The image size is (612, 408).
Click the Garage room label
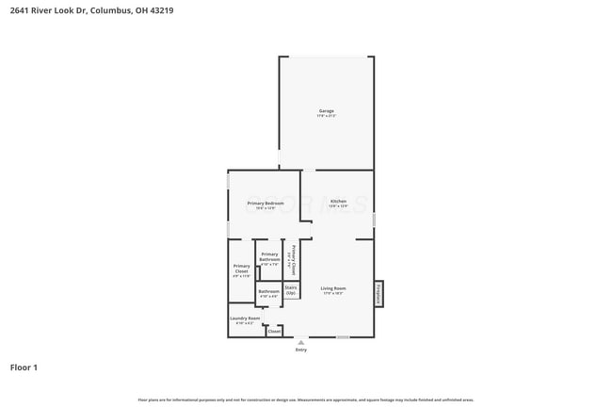pos(326,110)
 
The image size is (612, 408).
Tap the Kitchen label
pos(338,201)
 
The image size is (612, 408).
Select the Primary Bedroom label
pos(266,204)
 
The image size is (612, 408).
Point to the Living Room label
pos(332,288)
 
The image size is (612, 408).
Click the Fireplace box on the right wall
pos(379,293)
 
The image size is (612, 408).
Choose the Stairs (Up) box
pos(291,290)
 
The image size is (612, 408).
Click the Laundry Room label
pos(244,318)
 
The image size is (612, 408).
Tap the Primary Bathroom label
pos(269,256)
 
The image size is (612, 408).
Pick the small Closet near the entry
pos(274,332)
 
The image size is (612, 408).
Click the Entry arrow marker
pos(300,342)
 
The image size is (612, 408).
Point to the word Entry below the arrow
pos(300,350)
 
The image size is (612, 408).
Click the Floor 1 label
pos(24,367)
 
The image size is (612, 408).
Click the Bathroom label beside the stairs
pos(268,292)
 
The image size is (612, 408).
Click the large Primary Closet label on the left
pos(241,269)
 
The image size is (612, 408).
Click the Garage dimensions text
pos(326,116)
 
